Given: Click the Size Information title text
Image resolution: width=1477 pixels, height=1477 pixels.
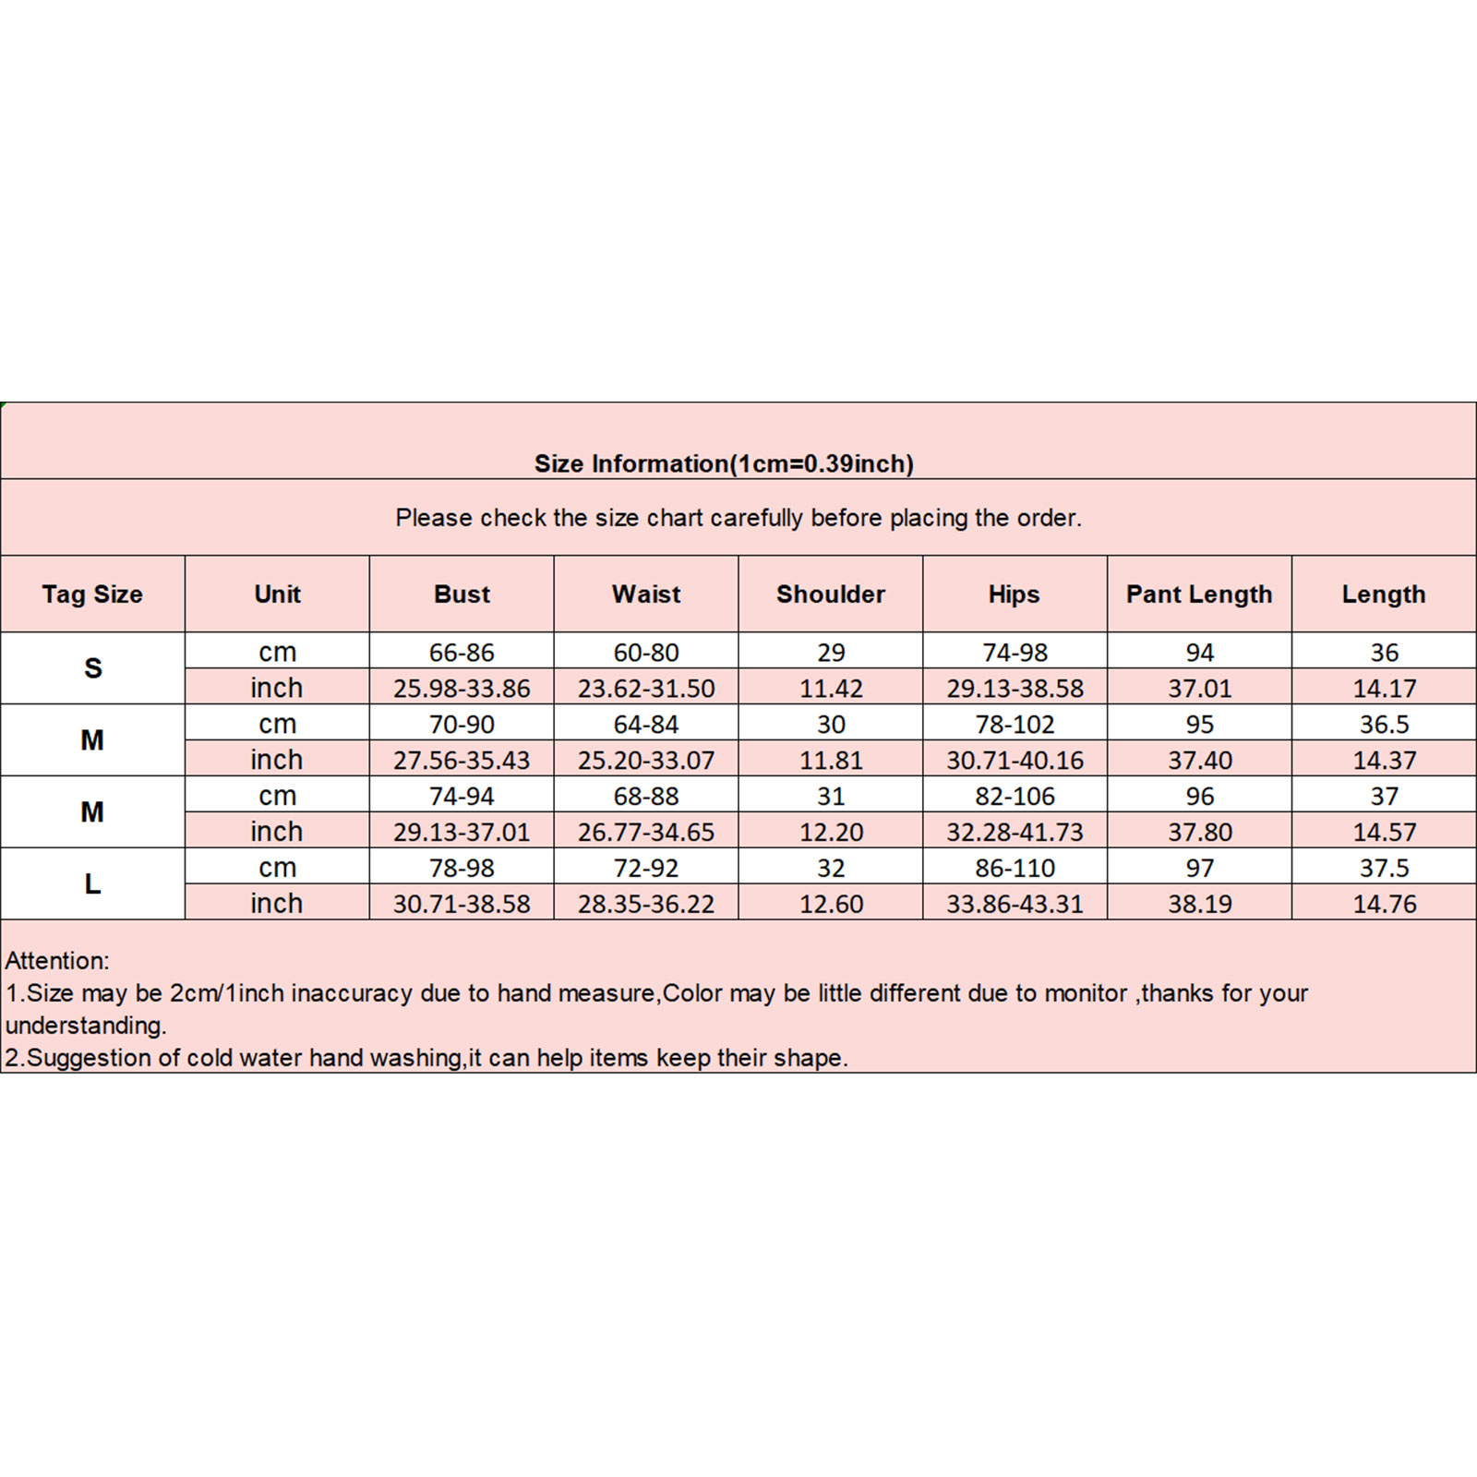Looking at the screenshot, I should (x=724, y=463).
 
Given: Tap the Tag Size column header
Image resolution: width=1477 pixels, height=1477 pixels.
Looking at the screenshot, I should (x=92, y=594).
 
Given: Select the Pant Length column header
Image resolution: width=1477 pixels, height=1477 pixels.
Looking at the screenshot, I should (x=1199, y=594).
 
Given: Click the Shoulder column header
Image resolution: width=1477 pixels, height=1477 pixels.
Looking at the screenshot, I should (x=831, y=594).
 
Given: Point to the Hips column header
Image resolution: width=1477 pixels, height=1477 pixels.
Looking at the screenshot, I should (x=1014, y=594).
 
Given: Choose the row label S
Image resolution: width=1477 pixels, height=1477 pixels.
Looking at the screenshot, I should (x=92, y=668).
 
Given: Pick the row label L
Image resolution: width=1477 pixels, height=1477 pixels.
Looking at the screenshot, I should (x=92, y=884).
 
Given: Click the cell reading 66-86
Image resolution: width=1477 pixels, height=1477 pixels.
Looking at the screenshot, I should (x=462, y=652).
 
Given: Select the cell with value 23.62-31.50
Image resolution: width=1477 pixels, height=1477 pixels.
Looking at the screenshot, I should (x=646, y=689).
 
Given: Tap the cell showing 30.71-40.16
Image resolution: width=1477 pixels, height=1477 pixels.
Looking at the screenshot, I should (x=1015, y=761).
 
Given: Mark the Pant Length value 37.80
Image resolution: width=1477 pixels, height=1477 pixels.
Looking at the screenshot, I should (x=1199, y=833).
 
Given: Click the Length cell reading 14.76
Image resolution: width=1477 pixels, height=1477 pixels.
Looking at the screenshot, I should (x=1384, y=905).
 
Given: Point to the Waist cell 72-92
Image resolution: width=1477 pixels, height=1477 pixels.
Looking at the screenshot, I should (x=646, y=868).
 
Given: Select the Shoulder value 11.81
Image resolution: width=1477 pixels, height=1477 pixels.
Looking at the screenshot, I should (x=831, y=761).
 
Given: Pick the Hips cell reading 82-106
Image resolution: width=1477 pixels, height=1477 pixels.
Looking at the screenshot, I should (x=1015, y=796).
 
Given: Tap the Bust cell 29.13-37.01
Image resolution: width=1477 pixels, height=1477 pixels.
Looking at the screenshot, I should (x=462, y=833).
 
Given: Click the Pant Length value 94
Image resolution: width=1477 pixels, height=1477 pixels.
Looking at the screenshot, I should (x=1199, y=653).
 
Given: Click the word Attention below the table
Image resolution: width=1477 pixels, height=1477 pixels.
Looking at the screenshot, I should (x=56, y=961).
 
